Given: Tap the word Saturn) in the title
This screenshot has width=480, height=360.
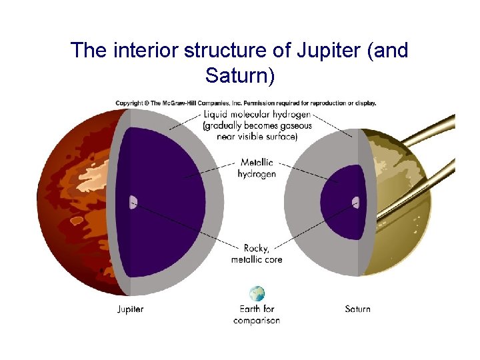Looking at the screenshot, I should click(239, 75).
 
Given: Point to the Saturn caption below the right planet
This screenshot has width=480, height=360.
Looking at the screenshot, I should click(358, 309).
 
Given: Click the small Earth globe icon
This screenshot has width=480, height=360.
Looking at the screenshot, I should click(257, 293).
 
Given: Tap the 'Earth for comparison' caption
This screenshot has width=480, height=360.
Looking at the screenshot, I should click(257, 315).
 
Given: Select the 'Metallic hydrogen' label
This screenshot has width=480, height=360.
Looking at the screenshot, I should click(257, 168).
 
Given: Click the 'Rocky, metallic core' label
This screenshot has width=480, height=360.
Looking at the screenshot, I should click(257, 254).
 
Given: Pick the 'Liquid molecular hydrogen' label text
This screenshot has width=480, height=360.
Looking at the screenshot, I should click(257, 115).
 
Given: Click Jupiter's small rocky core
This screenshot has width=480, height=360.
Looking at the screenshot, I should click(133, 202).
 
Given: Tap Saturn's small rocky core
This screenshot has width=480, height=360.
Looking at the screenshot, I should click(356, 201).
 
